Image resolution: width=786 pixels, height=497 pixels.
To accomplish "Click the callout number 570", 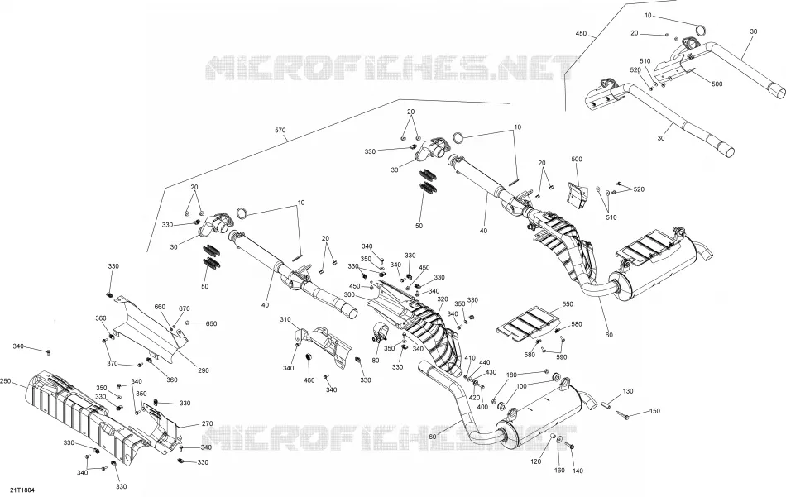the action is click(x=280, y=131).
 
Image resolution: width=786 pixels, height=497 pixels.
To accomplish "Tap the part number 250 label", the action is click(x=6, y=380).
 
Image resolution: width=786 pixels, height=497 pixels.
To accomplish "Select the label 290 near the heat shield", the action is click(x=204, y=370).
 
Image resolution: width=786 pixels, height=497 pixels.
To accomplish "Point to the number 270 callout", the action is click(x=207, y=424).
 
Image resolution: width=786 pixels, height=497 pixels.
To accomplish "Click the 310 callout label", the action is click(x=285, y=320).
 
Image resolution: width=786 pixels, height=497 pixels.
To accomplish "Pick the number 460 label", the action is click(x=309, y=380).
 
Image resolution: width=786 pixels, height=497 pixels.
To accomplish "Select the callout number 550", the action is click(x=568, y=304).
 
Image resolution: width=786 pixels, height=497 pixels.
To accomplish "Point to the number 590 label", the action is click(x=562, y=357).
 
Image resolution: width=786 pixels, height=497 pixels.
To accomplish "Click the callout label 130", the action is click(x=628, y=391).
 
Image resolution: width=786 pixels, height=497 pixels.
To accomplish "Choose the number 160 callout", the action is click(x=559, y=470).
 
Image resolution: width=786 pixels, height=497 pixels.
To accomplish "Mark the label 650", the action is click(x=212, y=323).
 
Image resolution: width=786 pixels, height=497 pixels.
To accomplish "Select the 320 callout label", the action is click(x=442, y=299).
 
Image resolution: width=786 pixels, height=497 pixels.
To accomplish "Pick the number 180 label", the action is click(x=511, y=375).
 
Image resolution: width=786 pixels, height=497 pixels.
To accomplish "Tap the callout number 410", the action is click(x=470, y=358).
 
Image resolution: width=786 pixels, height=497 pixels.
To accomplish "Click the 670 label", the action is click(x=185, y=308).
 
